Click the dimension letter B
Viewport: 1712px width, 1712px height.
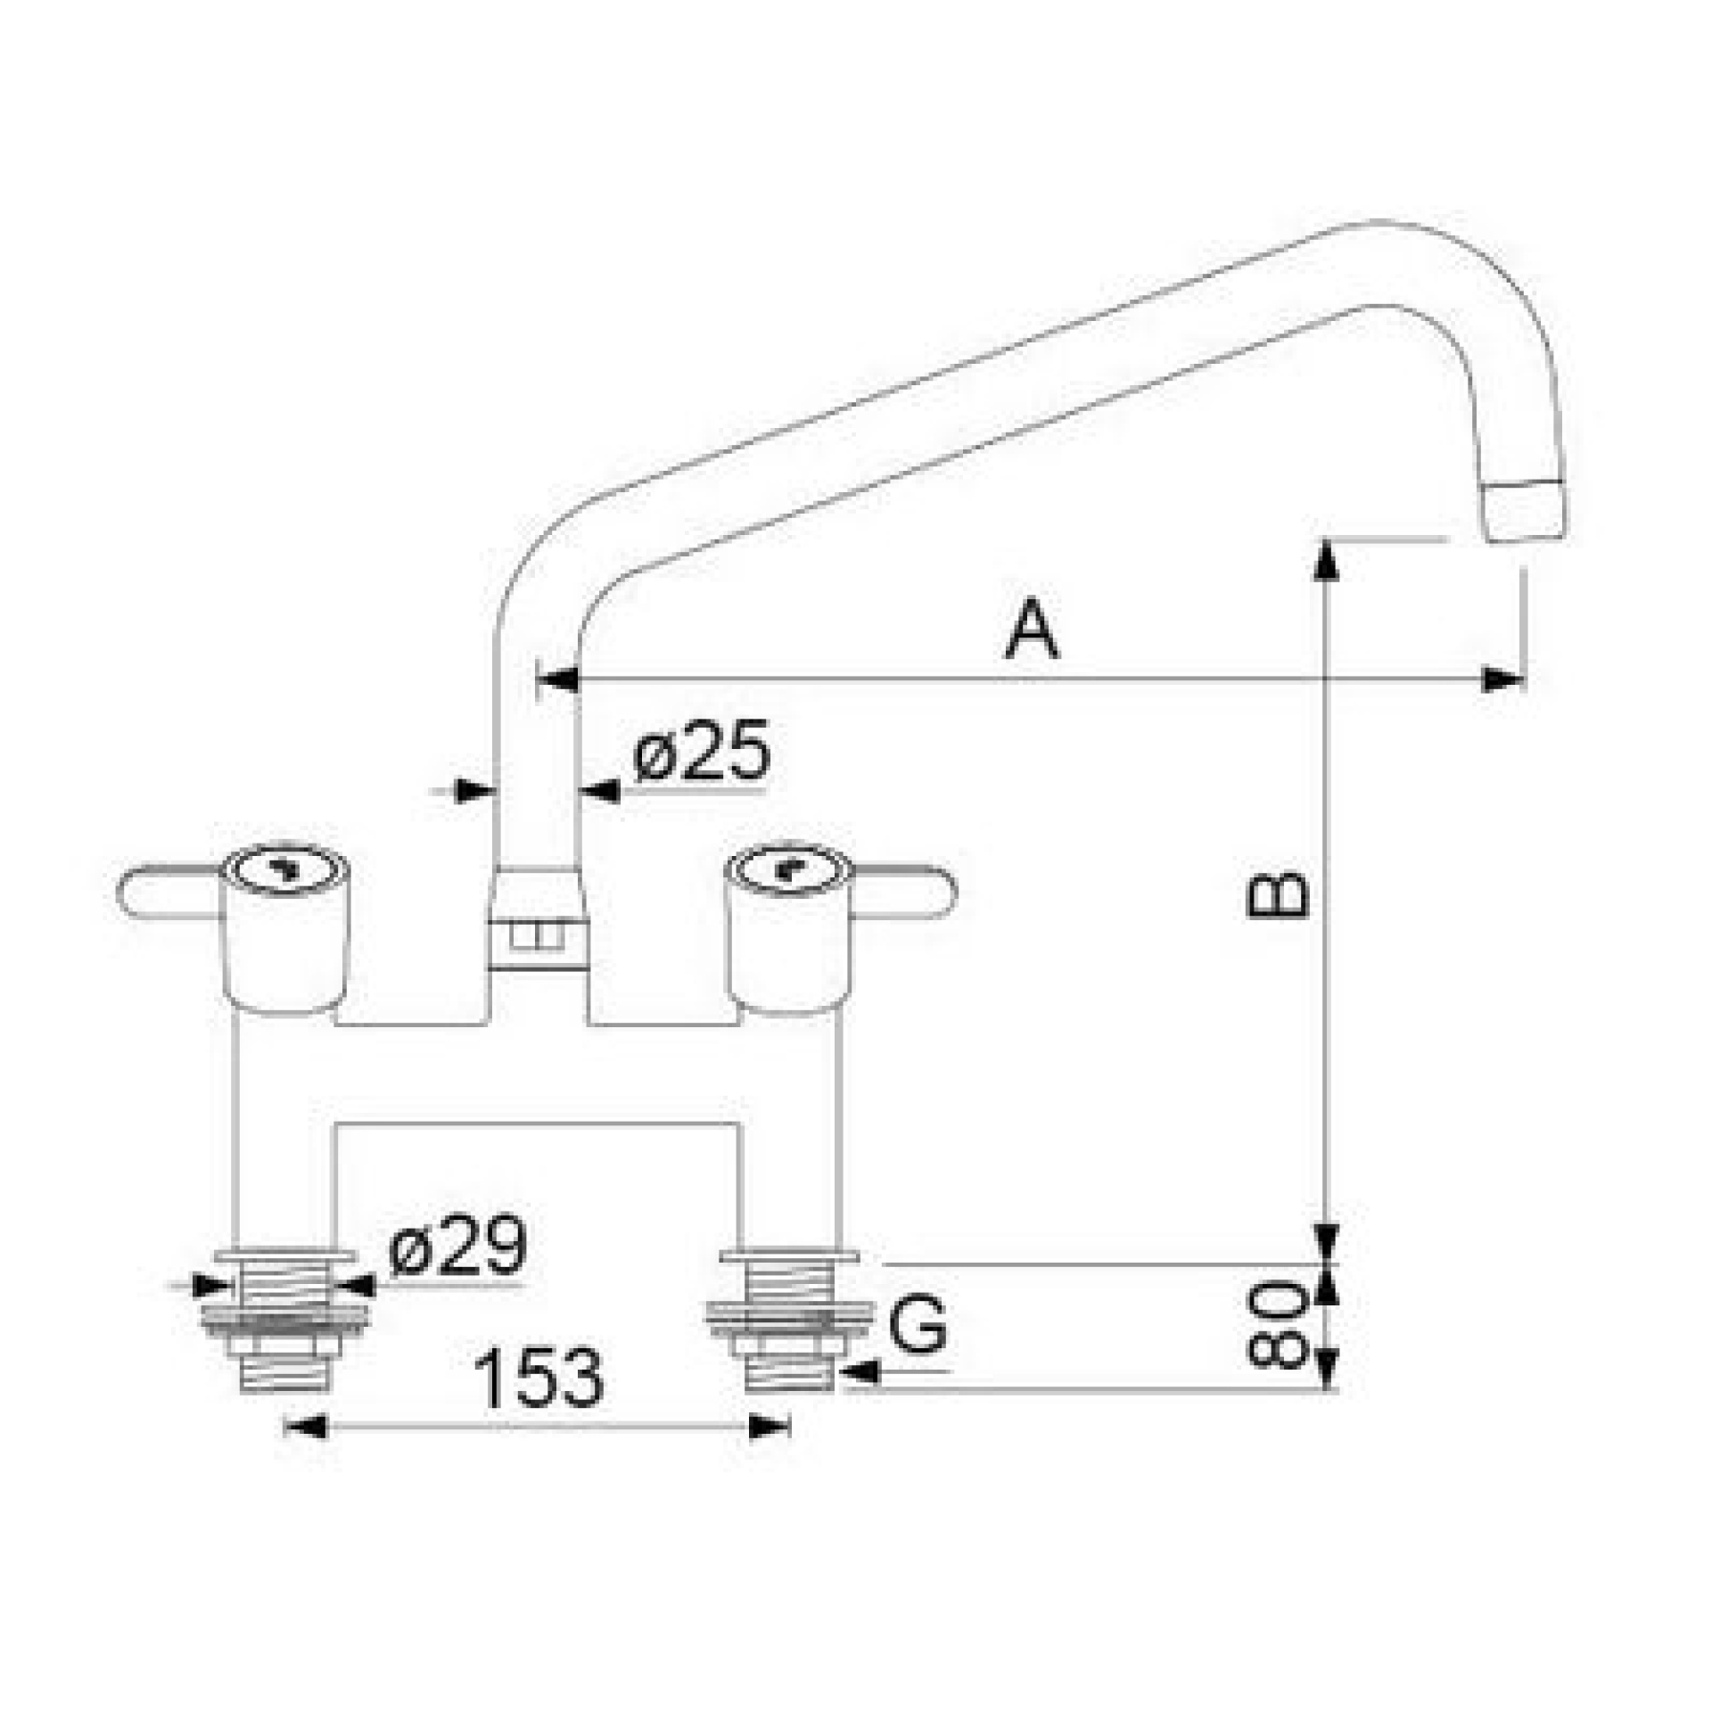(1277, 893)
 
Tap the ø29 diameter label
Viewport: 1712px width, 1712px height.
(458, 1244)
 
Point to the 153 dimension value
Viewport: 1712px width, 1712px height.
(540, 1377)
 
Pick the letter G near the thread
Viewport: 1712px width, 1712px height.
(919, 1324)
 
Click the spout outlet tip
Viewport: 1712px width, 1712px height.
(1524, 512)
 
